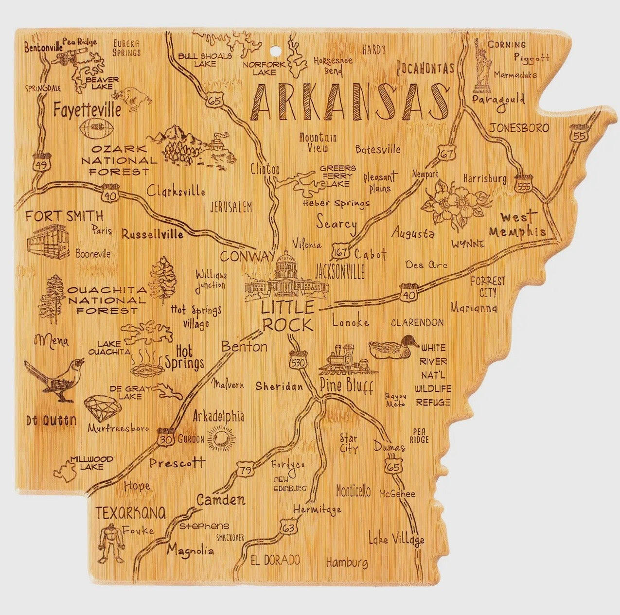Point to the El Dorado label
coord(275,560)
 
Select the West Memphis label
coord(517,224)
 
